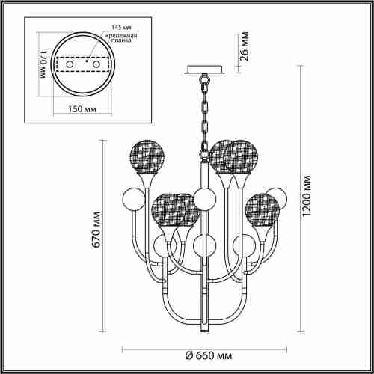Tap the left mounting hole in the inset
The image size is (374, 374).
tap(70, 66)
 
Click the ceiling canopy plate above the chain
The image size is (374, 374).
tap(203, 70)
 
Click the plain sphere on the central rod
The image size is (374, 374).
tap(203, 198)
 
